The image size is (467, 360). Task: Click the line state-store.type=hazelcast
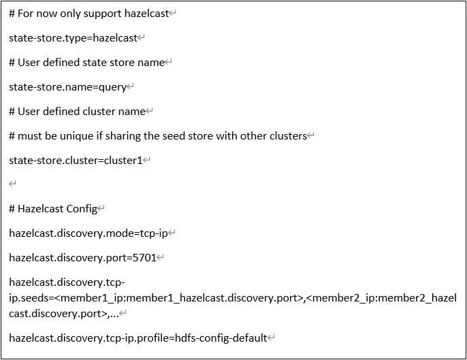point(73,38)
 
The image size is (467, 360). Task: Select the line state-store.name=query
point(67,87)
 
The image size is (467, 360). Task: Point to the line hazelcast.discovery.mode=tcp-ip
point(88,233)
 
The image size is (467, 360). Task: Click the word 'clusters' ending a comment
point(285,136)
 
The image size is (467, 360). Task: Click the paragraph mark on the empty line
point(12,184)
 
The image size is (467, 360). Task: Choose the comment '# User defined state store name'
point(87,63)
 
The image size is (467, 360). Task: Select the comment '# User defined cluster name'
point(77,112)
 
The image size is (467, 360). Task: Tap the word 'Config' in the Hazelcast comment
point(82,209)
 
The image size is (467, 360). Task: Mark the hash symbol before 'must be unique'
point(12,136)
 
